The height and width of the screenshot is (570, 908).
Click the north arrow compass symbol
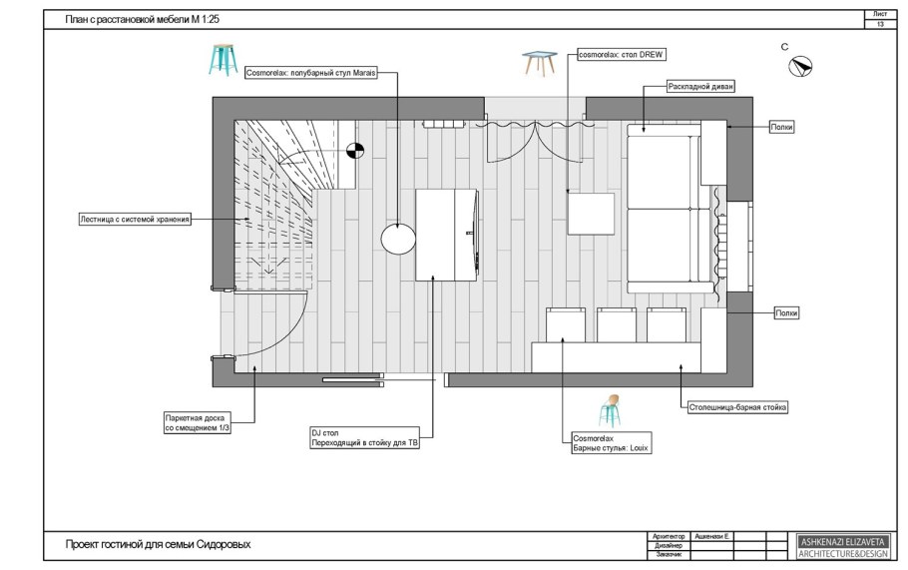pos(800,67)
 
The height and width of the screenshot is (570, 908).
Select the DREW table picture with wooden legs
pos(540,64)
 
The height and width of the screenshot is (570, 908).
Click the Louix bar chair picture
pos(610,410)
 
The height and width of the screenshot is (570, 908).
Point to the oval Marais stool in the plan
pos(397,239)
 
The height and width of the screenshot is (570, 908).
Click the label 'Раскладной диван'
pos(702,88)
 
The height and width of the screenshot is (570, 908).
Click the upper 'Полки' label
pos(780,128)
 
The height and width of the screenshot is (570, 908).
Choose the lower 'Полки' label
pos(786,312)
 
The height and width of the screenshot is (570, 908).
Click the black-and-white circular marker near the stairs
pos(354,151)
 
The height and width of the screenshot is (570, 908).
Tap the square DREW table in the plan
pos(591,214)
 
